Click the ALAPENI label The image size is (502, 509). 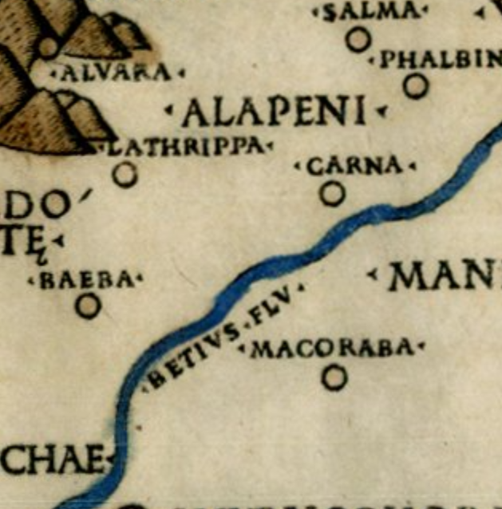point(274,112)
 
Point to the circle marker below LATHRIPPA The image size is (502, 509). point(125,174)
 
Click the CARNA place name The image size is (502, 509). point(355,166)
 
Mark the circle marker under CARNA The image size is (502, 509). point(332,193)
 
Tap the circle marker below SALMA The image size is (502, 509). point(358,39)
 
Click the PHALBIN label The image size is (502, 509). point(439,60)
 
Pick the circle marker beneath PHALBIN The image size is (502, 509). point(415,85)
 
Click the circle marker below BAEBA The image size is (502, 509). point(88,306)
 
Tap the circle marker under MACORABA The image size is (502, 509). point(334,377)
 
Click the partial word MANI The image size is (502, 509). point(443,276)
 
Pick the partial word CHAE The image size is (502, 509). point(52,460)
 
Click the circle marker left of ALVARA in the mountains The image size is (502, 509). point(48,47)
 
